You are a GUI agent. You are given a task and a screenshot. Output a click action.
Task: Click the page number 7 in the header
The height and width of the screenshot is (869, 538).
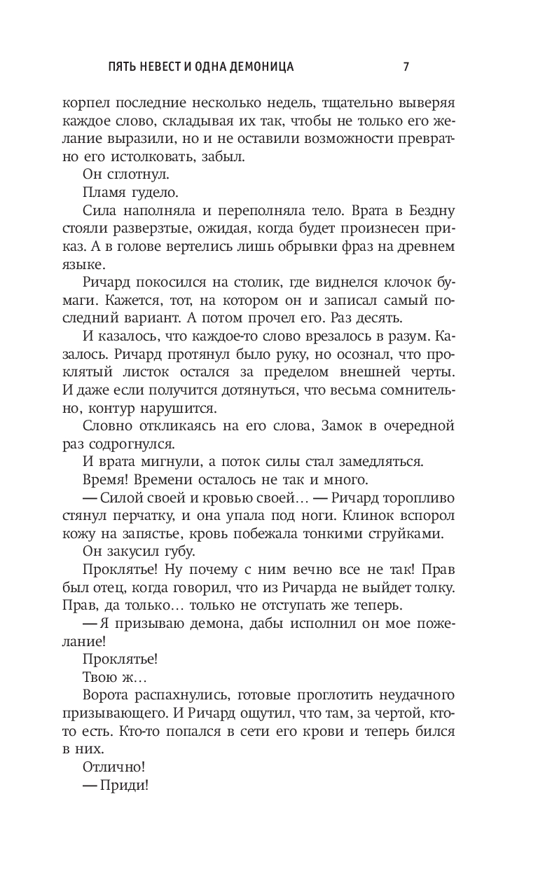406,67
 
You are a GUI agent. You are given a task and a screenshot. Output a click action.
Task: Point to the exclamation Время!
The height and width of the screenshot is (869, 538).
109,479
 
